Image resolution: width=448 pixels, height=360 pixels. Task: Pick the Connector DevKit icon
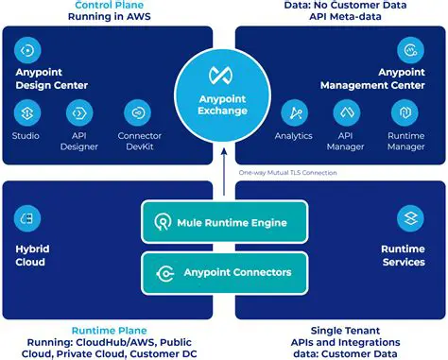coord(138,114)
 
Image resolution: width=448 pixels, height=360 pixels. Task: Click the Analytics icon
coord(294,114)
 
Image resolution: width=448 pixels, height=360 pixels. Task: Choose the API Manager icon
coord(347,114)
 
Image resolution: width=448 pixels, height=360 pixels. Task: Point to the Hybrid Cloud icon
coord(27,218)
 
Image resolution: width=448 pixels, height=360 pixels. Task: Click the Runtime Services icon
coord(410,218)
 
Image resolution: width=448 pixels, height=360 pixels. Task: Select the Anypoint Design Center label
coord(52,77)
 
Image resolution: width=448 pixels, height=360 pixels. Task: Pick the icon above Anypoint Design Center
coord(28,49)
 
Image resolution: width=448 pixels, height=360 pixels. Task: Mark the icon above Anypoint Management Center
coord(410,49)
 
